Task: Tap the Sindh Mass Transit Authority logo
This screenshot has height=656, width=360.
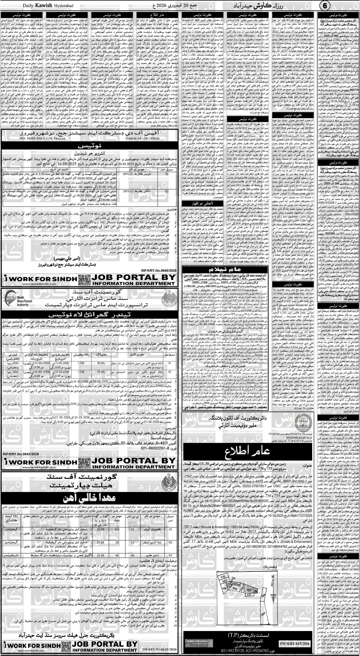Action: click(14, 298)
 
